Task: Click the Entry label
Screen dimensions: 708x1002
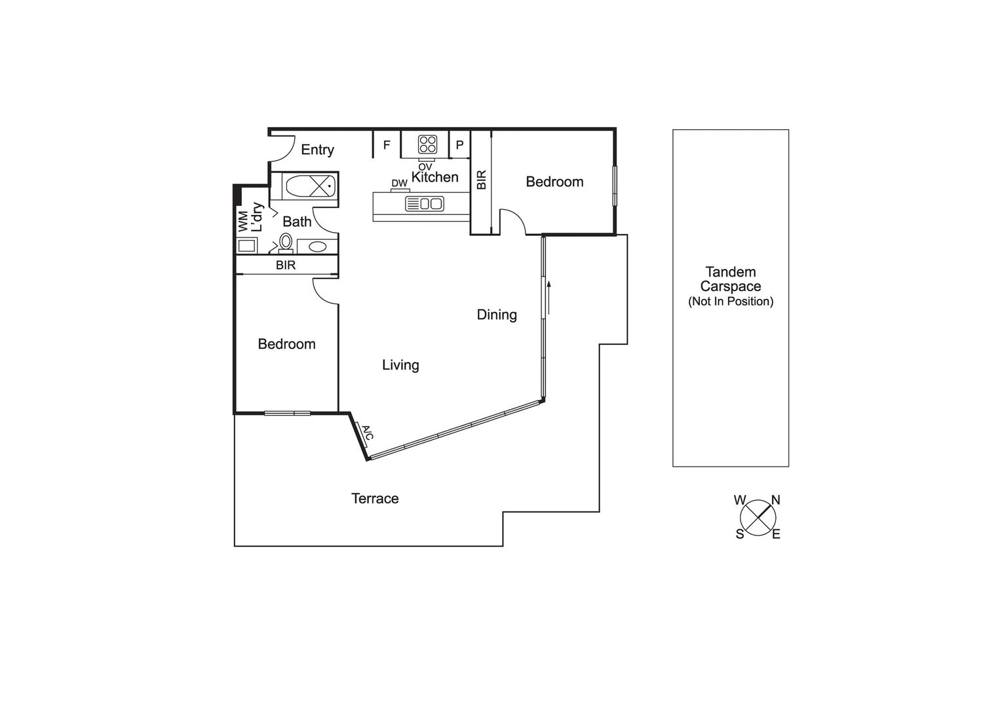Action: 317,150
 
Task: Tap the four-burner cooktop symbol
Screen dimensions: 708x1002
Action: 428,144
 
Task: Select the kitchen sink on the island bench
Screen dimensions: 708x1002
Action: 425,204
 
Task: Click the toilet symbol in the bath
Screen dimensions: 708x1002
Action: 286,242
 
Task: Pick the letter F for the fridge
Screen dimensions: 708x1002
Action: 387,145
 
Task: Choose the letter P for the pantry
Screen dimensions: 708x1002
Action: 459,145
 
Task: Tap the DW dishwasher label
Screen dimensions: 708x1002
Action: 399,183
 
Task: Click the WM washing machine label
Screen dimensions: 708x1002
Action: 243,221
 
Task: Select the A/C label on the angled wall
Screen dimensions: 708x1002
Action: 367,433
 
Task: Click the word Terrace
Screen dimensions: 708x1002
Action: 375,499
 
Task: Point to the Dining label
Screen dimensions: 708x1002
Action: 497,315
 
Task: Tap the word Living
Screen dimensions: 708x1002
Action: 400,365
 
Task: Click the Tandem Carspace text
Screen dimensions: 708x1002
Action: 731,279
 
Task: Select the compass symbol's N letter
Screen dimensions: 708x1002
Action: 775,500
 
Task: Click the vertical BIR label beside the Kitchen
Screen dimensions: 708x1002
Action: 482,180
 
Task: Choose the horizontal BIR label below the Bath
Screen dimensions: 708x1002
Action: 286,265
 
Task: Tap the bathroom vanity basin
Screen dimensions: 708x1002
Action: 317,246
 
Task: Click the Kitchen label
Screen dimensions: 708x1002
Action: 434,177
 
